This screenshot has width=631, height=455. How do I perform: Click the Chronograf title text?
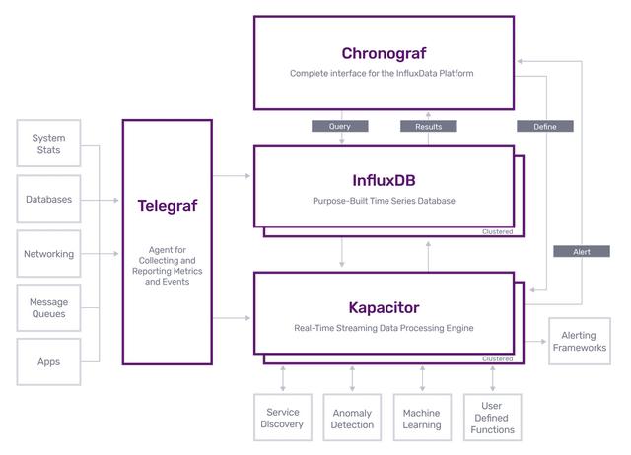[384, 53]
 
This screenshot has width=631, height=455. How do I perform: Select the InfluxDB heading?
[384, 180]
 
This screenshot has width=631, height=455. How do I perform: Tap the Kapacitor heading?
[384, 308]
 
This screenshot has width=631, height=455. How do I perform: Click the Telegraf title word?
[168, 206]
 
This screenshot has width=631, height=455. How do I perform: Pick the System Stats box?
[48, 144]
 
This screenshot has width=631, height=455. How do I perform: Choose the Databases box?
[48, 199]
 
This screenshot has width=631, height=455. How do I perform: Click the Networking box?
[48, 254]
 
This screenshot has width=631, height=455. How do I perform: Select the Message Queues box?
[48, 308]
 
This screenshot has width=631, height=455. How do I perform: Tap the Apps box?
[48, 361]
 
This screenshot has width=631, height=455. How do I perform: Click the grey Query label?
[340, 126]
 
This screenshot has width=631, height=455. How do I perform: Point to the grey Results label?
[429, 127]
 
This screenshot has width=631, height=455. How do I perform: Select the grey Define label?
[545, 127]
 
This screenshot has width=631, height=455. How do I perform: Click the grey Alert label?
[582, 251]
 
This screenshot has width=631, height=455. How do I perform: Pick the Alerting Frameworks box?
[580, 341]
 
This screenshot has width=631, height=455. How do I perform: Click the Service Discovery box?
[283, 418]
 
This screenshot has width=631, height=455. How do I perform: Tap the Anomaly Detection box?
[352, 418]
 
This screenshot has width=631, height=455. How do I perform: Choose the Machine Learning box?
[422, 418]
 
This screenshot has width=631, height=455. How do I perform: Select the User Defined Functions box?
[493, 418]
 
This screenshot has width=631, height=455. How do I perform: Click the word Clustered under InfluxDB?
[497, 231]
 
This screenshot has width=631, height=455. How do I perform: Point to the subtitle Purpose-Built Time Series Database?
[384, 201]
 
